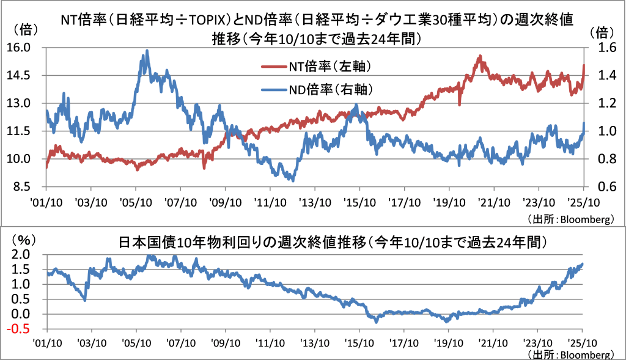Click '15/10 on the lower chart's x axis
point(359,343)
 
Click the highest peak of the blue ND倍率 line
point(147,51)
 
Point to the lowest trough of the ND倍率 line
point(293,180)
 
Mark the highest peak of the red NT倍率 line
point(481,56)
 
